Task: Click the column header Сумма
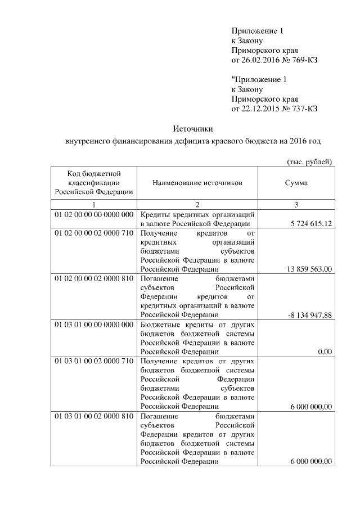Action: click(x=296, y=183)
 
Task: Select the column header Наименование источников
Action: click(x=197, y=183)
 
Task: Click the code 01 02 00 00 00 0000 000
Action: click(x=93, y=215)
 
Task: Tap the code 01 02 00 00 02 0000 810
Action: click(x=93, y=278)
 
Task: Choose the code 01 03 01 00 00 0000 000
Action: click(x=93, y=324)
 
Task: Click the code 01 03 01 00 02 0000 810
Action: click(x=93, y=416)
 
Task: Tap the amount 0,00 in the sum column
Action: click(x=325, y=352)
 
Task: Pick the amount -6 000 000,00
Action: click(x=309, y=462)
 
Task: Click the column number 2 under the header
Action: click(x=197, y=204)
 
